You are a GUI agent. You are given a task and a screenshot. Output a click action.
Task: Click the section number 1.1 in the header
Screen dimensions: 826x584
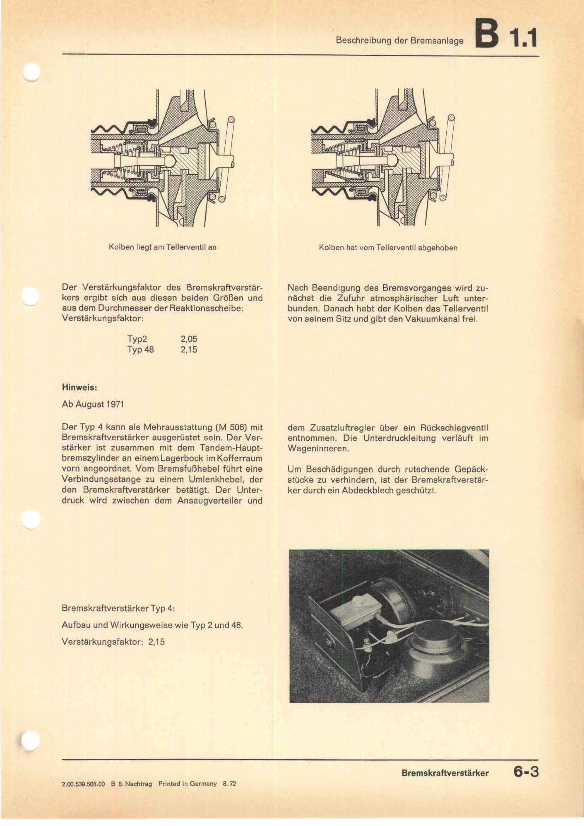pyautogui.click(x=525, y=37)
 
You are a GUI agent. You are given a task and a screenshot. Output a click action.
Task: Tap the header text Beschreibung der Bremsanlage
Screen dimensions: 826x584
pyautogui.click(x=399, y=41)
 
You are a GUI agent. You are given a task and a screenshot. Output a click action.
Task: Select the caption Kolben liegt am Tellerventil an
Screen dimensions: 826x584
pyautogui.click(x=162, y=248)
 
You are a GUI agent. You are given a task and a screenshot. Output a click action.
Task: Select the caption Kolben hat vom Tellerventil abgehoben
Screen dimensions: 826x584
pyautogui.click(x=388, y=248)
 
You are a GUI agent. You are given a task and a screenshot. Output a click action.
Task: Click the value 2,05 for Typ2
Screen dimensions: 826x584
pyautogui.click(x=189, y=339)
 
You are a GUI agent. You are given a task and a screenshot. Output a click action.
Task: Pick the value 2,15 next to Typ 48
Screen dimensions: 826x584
pyautogui.click(x=189, y=349)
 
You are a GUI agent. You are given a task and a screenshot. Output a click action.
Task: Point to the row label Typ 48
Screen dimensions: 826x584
pyautogui.click(x=140, y=349)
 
